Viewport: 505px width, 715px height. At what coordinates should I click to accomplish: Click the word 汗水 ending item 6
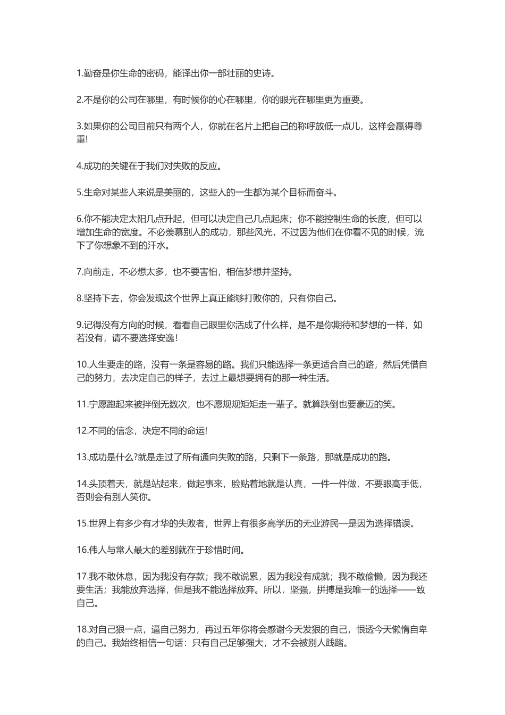(158, 245)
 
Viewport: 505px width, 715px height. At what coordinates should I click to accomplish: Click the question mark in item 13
(136, 457)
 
